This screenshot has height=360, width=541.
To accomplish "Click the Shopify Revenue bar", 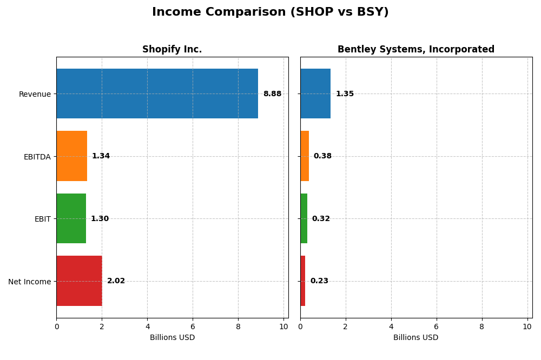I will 157,94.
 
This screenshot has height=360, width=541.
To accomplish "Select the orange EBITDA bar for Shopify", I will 71,156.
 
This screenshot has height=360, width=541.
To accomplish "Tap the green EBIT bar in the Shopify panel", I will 71,218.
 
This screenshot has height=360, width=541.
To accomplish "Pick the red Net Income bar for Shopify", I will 79,281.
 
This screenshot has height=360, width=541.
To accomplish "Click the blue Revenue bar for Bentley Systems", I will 315,94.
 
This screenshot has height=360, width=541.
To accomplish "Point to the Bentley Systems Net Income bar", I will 303,281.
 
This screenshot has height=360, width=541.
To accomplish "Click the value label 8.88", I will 272,94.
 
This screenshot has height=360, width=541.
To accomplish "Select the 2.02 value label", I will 116,281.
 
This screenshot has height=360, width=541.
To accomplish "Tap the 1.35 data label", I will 345,94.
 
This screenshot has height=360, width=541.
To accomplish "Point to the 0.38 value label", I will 322,156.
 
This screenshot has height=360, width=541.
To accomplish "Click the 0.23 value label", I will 319,281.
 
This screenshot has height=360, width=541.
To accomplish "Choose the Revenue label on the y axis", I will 35,95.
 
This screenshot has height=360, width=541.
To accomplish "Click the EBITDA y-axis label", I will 37,157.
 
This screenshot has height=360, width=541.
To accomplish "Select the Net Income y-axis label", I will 29,282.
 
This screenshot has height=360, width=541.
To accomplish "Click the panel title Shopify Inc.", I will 172,50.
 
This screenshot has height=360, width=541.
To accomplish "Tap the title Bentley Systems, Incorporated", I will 416,50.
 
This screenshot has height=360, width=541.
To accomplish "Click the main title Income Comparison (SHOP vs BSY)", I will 270,12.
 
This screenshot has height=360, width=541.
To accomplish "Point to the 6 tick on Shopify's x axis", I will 193,326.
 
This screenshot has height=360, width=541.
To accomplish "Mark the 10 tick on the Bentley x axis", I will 527,326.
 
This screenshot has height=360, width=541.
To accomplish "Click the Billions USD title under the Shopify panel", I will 172,338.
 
